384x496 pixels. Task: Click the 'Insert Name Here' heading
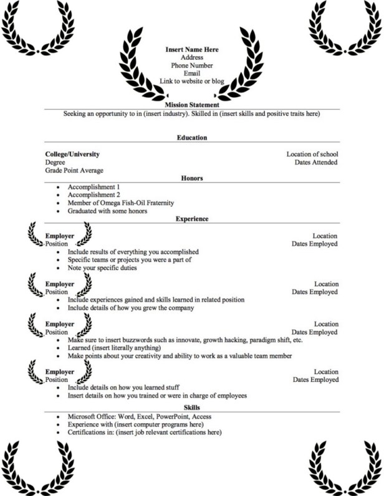pos(192,49)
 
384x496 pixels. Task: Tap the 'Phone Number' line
pos(192,65)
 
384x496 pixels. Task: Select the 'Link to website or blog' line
pos(192,81)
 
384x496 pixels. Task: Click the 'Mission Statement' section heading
pos(192,105)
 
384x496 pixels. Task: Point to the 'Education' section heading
pos(192,138)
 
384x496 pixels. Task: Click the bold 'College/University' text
pos(72,154)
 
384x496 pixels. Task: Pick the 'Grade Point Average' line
pos(74,170)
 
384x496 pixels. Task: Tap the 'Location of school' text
pos(312,154)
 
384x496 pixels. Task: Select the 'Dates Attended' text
pos(316,162)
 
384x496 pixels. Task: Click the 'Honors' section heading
pos(192,178)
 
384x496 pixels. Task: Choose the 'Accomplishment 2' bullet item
pos(94,194)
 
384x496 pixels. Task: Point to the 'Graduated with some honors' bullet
pos(107,211)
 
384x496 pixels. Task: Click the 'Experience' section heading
pos(192,219)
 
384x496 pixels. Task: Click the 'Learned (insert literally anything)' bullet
pos(118,348)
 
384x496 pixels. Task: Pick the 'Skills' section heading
pos(192,407)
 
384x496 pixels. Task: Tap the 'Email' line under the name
pos(192,73)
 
